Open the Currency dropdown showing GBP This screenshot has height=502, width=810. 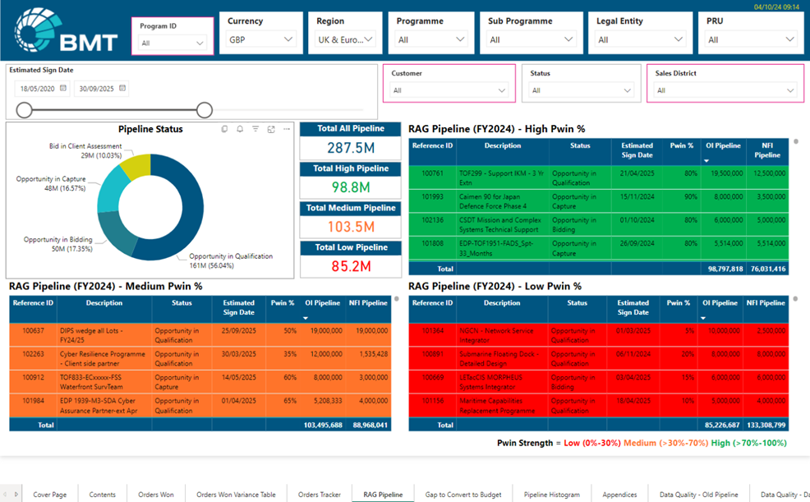(x=260, y=39)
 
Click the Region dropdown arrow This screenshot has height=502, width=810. (x=369, y=39)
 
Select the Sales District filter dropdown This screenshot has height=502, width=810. (x=725, y=90)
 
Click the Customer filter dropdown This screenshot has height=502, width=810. (x=449, y=90)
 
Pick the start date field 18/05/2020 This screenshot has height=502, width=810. (x=39, y=89)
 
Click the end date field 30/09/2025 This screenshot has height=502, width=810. (x=100, y=89)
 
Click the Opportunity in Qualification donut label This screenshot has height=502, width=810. (x=231, y=260)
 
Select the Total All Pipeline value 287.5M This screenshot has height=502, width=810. (x=351, y=148)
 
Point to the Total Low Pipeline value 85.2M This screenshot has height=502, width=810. (x=351, y=266)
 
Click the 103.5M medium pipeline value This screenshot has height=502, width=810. (x=351, y=227)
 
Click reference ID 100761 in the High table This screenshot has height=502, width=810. (x=432, y=173)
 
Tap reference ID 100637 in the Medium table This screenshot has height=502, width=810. (x=33, y=330)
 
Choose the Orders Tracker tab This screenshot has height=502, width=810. (x=319, y=495)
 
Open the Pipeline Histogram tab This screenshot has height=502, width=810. (x=551, y=495)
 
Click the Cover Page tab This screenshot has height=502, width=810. (x=49, y=495)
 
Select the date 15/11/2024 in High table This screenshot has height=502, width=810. (x=637, y=197)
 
